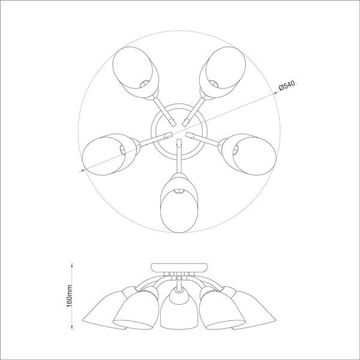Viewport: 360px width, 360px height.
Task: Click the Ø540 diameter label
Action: point(287,85)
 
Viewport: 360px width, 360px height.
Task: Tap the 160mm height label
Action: point(69,296)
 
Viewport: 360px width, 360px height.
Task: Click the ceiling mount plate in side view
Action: point(179,267)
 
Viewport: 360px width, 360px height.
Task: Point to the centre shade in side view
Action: point(179,310)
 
